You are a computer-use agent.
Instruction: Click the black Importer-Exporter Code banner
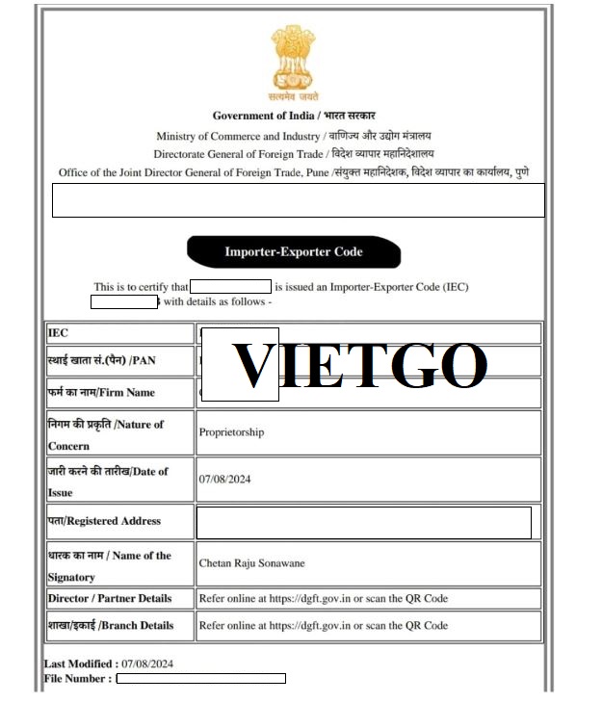tap(294, 251)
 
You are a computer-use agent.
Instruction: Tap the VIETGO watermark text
tap(360, 365)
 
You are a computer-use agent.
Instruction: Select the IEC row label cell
tap(59, 333)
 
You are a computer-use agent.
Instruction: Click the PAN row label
tap(101, 360)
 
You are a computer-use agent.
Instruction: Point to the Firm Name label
tap(101, 393)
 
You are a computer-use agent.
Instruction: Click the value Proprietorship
tap(231, 432)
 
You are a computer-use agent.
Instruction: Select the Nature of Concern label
tap(106, 434)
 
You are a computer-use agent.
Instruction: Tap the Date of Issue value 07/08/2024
tap(224, 480)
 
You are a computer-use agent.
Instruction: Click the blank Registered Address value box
tap(363, 523)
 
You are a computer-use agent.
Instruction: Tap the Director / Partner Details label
tap(110, 598)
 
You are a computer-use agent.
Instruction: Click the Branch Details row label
tap(110, 625)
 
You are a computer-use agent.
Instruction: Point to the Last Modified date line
tap(109, 664)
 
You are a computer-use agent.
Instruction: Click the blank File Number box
tap(200, 679)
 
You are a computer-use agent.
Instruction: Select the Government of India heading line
tap(294, 116)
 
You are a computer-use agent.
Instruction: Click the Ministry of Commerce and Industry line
tap(294, 136)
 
